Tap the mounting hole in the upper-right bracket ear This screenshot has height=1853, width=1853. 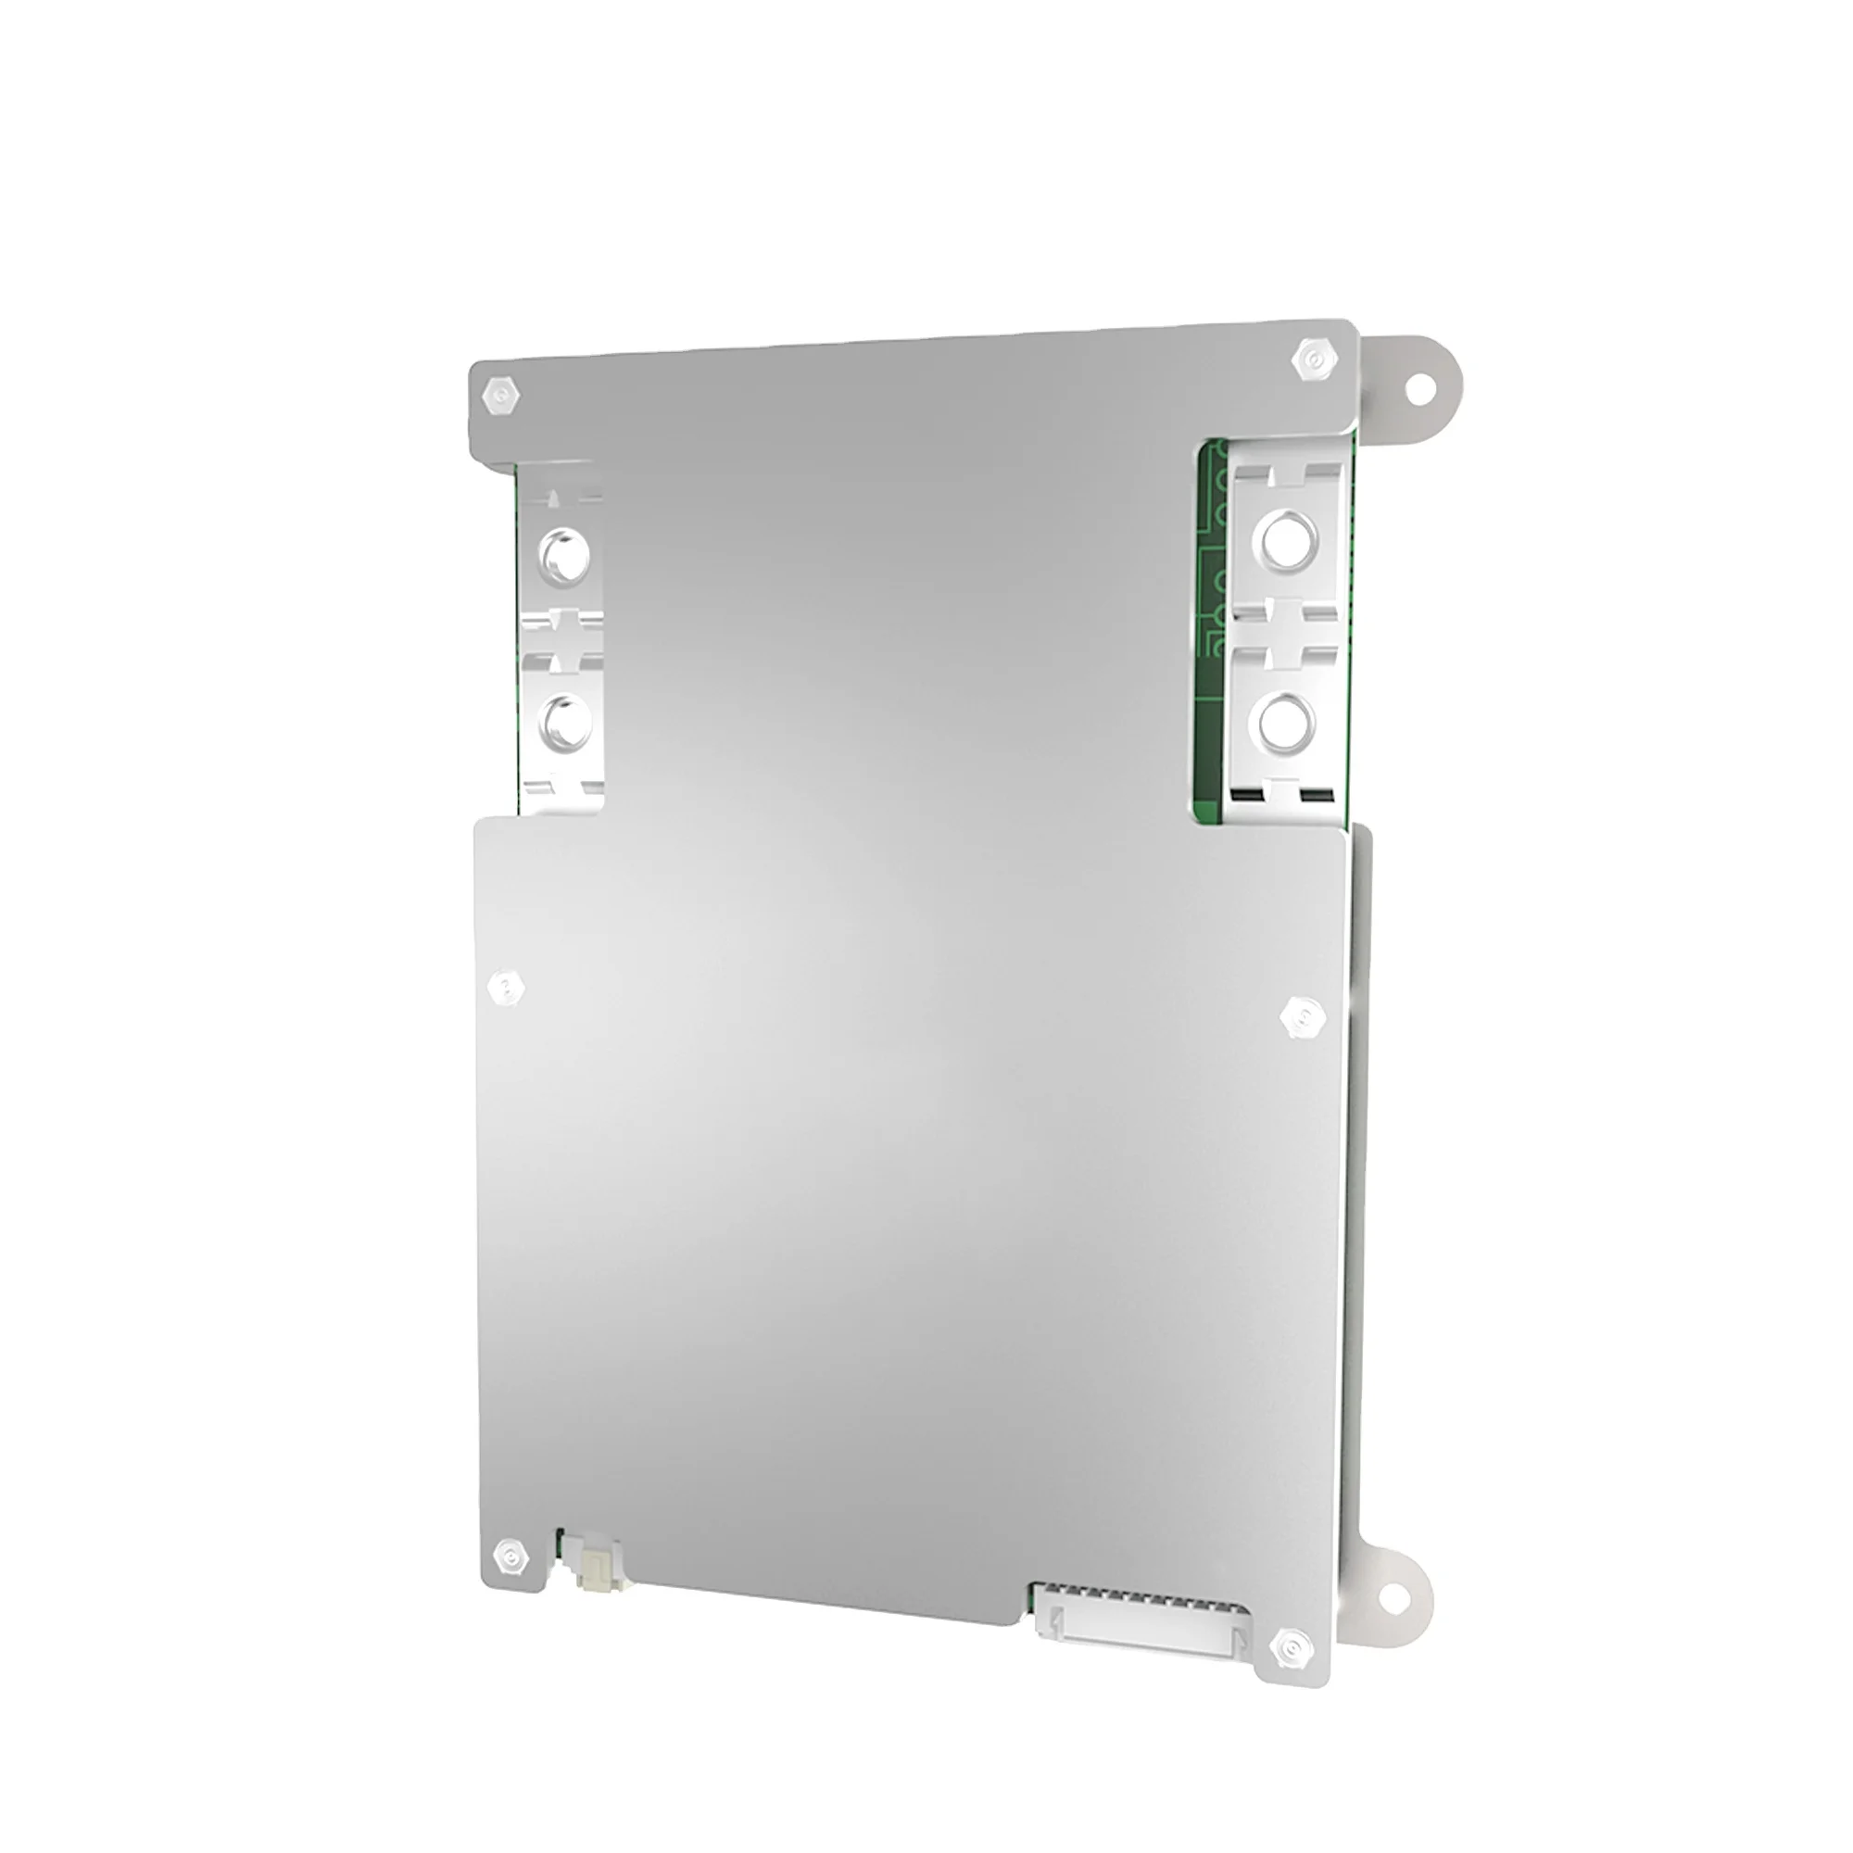1419,386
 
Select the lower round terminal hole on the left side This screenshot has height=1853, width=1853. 564,721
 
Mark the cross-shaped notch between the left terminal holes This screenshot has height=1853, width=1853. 563,637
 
